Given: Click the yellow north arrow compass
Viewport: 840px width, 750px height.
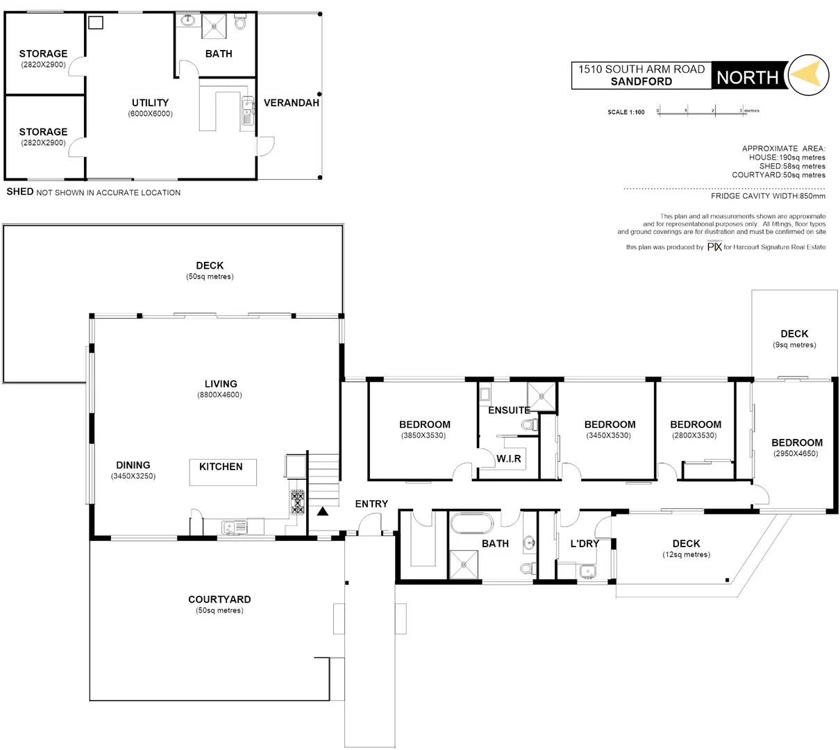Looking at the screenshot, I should (x=809, y=74).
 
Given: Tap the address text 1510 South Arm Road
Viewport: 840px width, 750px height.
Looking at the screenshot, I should (x=641, y=69).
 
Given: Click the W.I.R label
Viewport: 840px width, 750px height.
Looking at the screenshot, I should (x=509, y=459).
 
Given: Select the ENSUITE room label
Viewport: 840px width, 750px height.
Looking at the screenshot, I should (x=509, y=410).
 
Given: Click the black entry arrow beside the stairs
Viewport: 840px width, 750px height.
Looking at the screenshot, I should (x=323, y=512).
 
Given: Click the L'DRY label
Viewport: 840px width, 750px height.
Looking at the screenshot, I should (x=585, y=544).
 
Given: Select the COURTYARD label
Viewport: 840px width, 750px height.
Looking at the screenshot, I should (x=219, y=599).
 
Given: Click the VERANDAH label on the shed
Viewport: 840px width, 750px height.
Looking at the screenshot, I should (x=292, y=103).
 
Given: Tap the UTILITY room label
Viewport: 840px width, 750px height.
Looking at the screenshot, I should (x=151, y=103).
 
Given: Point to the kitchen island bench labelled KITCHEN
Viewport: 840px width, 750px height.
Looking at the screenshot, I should (x=222, y=472).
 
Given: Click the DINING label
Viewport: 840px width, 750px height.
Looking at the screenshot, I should (x=133, y=465).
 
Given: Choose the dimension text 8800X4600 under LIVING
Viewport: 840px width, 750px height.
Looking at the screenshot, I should (x=221, y=395).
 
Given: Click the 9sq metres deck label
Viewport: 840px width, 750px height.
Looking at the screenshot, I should (x=794, y=345).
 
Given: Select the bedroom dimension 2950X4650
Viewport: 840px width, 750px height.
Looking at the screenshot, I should (x=797, y=453).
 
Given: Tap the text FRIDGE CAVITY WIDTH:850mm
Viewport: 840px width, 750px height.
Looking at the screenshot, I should (x=768, y=197).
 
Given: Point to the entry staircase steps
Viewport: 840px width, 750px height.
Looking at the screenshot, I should (x=324, y=478).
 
